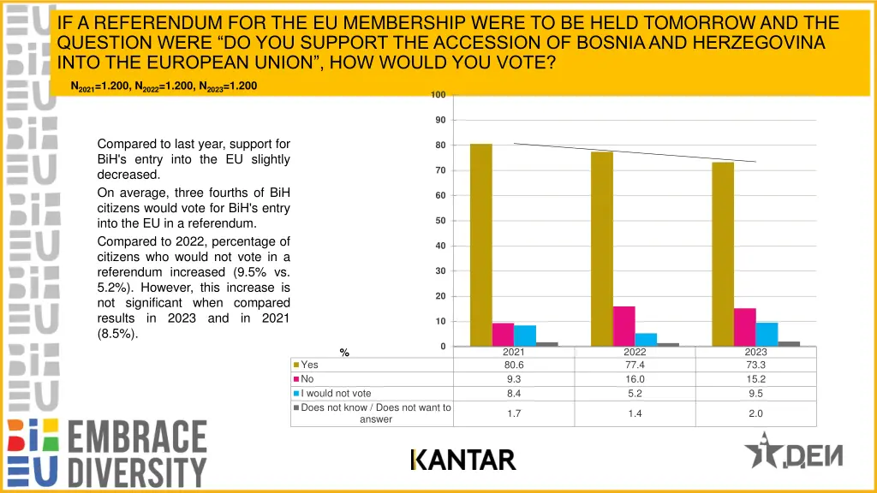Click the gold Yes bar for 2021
click(x=480, y=245)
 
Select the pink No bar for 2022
click(x=624, y=326)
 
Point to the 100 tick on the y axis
click(x=438, y=94)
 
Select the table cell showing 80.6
click(x=514, y=365)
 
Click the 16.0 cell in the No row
click(x=635, y=379)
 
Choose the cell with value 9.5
click(x=755, y=394)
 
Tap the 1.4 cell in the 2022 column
click(x=635, y=413)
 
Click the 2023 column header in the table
click(x=755, y=352)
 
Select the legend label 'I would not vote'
click(x=336, y=394)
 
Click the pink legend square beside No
click(x=296, y=379)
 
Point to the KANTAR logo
click(x=462, y=460)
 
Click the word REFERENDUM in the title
click(x=147, y=23)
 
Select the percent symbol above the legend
click(x=344, y=352)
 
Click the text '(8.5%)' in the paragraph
click(x=117, y=334)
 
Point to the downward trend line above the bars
click(x=634, y=152)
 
